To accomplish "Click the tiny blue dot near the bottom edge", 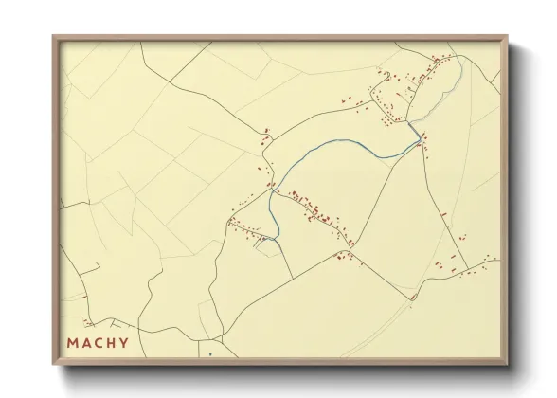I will click(x=209, y=355).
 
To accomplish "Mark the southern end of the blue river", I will click(x=277, y=239).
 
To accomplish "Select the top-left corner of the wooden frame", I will click(x=53, y=37).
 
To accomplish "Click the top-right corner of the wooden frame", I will click(x=508, y=37).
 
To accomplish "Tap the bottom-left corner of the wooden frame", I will click(x=53, y=365).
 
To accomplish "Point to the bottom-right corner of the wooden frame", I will click(x=508, y=365).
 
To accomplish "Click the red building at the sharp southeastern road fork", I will click(x=413, y=298).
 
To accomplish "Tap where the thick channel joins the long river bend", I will click(x=421, y=139).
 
